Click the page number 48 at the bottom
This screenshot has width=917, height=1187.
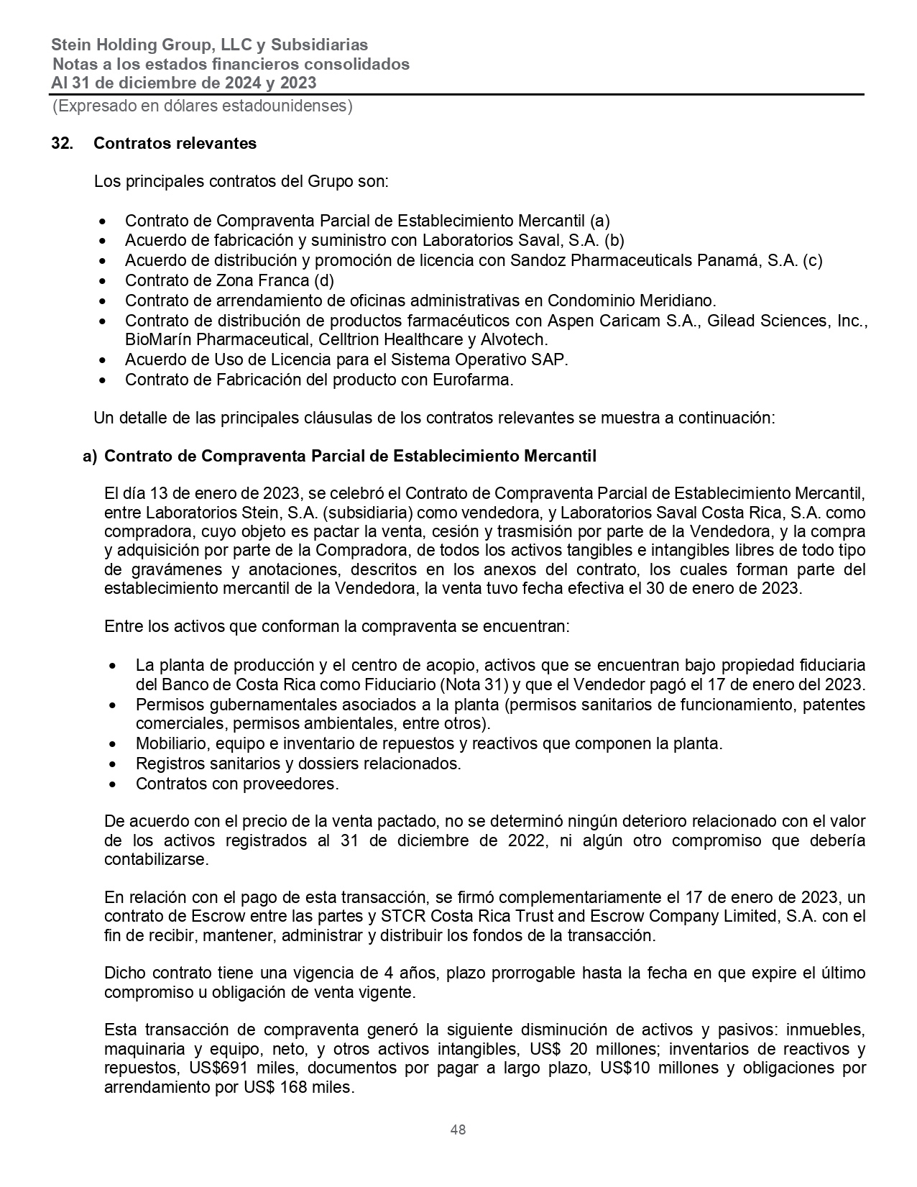point(458,1129)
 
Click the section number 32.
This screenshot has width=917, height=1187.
point(62,143)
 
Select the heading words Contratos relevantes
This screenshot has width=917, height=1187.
point(175,143)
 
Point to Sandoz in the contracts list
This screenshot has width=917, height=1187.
point(538,260)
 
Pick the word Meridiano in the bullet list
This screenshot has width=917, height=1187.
point(678,301)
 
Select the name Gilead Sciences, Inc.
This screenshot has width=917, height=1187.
point(784,321)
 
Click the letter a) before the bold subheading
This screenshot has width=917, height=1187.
point(90,456)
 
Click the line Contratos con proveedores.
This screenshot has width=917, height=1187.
point(236,784)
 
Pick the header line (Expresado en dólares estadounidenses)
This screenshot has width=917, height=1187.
point(202,106)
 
